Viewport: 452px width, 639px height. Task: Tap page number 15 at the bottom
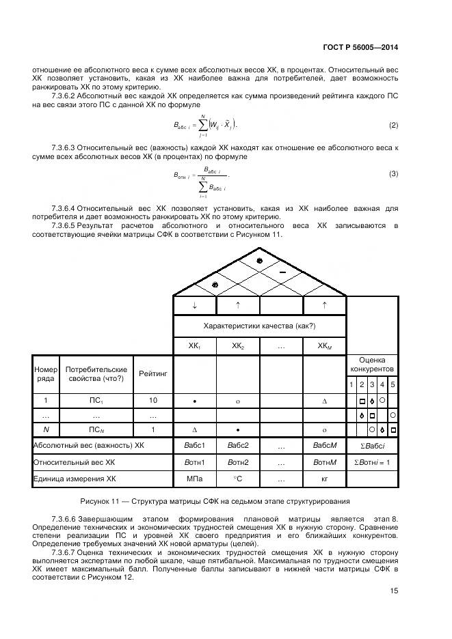click(x=395, y=591)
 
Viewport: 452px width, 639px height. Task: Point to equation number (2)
click(x=393, y=125)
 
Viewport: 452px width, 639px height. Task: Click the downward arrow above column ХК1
click(x=194, y=305)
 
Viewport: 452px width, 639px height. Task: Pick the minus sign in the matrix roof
click(x=282, y=272)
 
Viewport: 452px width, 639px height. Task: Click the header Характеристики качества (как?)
click(x=259, y=326)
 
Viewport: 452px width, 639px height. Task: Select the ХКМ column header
click(x=324, y=346)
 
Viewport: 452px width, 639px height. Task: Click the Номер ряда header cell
click(x=45, y=373)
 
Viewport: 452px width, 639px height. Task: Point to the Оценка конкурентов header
click(x=372, y=364)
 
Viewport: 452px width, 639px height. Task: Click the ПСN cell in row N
click(x=96, y=430)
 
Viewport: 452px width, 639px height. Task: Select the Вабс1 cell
click(x=194, y=446)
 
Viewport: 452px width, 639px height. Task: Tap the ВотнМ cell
click(x=324, y=462)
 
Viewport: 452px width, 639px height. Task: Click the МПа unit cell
click(x=194, y=479)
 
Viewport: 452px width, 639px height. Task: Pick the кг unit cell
click(x=324, y=479)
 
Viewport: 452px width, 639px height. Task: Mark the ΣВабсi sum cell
click(x=372, y=446)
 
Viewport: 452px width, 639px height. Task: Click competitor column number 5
click(x=393, y=385)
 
